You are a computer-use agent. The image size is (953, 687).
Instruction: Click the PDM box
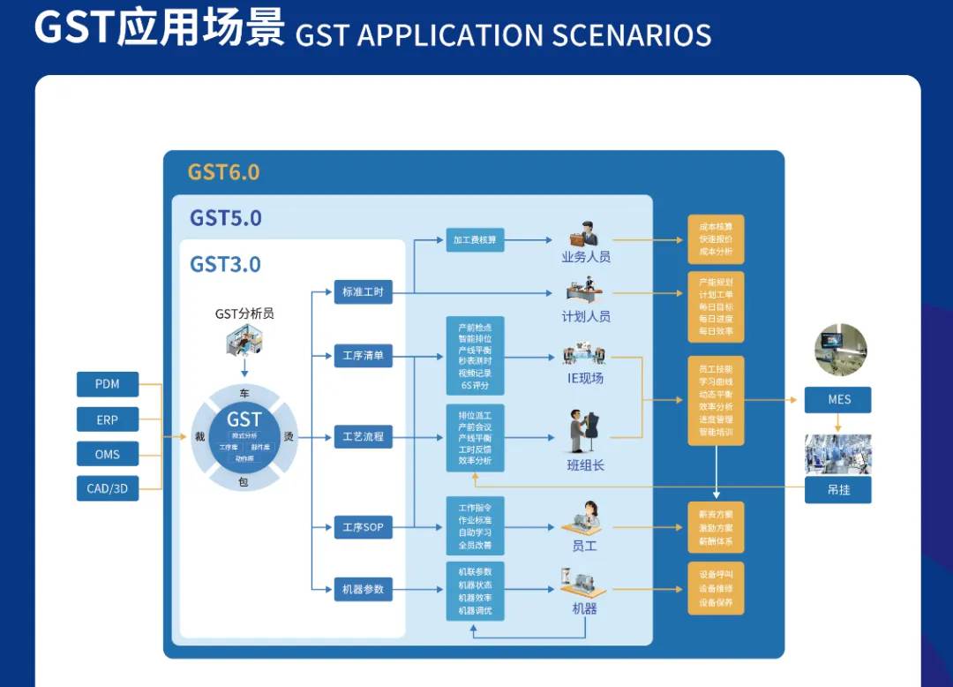click(x=108, y=384)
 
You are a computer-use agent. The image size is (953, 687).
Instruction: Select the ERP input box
click(x=108, y=419)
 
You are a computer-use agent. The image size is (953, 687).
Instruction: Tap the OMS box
click(x=108, y=454)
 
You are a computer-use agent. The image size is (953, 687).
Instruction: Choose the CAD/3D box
click(x=108, y=488)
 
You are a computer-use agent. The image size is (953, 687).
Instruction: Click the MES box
click(x=838, y=399)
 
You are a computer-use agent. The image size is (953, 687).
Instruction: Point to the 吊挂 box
click(x=838, y=489)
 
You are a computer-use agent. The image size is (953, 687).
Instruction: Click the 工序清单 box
click(x=363, y=357)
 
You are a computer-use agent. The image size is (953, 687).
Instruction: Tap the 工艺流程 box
click(x=363, y=436)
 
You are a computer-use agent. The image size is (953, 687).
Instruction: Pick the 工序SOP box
click(x=363, y=527)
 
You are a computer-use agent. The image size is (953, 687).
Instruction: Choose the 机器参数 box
click(x=363, y=589)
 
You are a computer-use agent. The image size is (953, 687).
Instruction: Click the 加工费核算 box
click(x=475, y=239)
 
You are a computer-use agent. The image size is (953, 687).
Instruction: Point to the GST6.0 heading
click(x=223, y=171)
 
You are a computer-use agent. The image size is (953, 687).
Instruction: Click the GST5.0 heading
click(x=226, y=218)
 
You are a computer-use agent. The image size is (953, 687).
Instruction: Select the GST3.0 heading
click(x=225, y=264)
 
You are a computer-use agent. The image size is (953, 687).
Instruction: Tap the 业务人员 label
click(x=586, y=257)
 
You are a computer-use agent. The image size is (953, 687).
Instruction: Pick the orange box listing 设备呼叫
click(x=716, y=588)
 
